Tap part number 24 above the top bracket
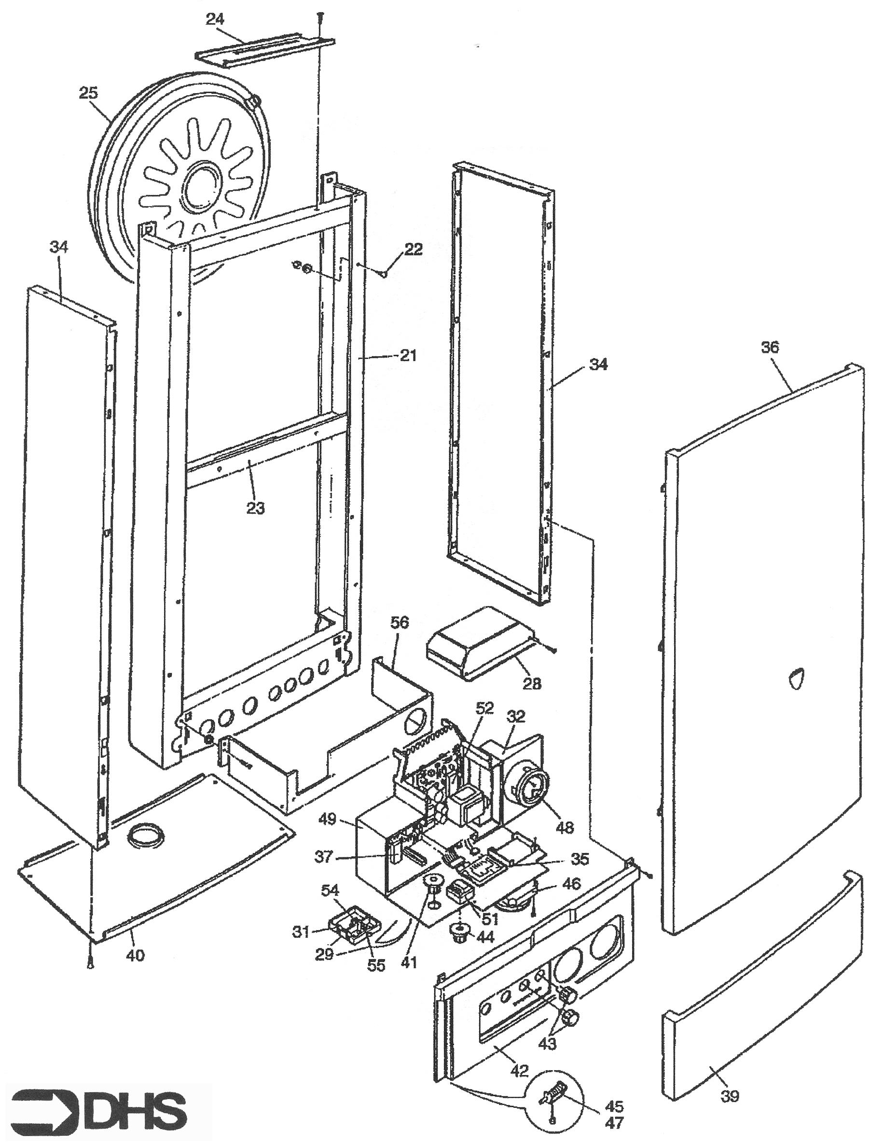(x=215, y=20)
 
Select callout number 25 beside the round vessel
(x=89, y=93)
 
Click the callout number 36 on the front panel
(x=770, y=348)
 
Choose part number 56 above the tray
(x=399, y=623)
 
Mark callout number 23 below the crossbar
(x=255, y=507)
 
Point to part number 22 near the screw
(x=413, y=249)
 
